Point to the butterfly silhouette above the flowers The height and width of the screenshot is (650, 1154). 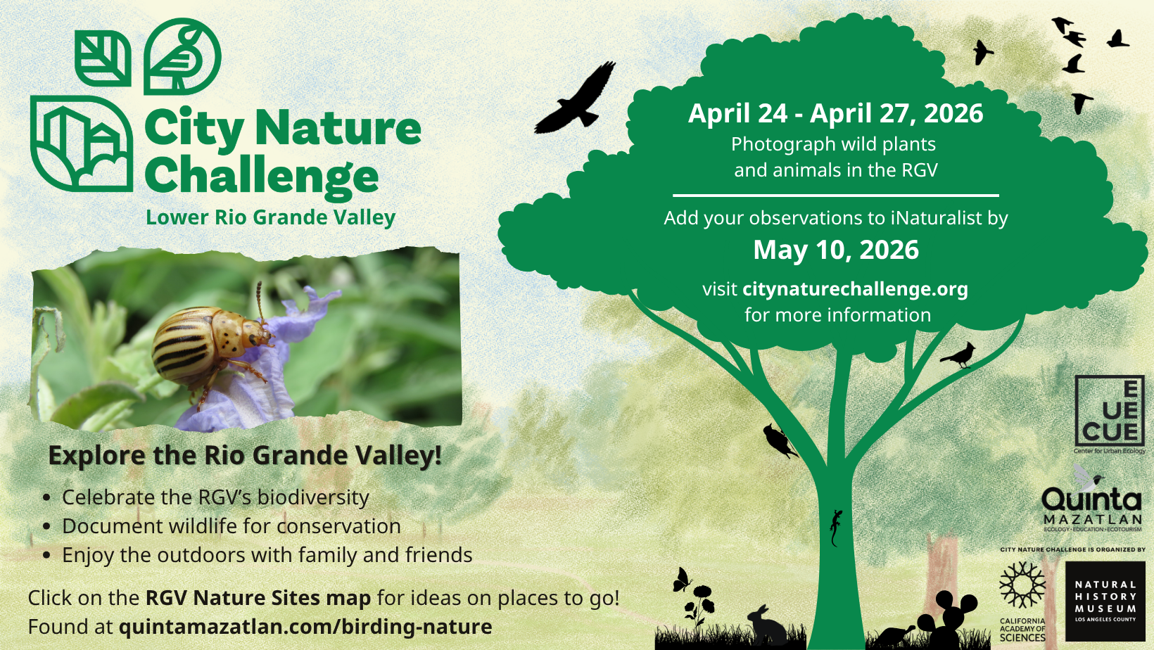click(682, 580)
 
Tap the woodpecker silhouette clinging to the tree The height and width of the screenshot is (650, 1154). click(780, 441)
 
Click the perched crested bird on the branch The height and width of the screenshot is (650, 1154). click(959, 355)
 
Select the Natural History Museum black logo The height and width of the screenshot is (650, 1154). click(1105, 601)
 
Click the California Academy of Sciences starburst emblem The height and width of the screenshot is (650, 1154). click(1022, 585)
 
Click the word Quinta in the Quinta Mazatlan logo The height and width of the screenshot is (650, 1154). click(1091, 500)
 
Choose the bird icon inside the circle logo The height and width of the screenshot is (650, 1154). click(182, 57)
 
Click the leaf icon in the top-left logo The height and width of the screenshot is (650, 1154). click(103, 58)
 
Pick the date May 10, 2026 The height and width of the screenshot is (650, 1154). click(836, 250)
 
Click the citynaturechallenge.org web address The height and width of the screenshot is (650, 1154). click(855, 289)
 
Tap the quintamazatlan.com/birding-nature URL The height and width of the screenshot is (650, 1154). click(305, 627)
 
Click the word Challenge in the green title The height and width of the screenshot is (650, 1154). click(262, 177)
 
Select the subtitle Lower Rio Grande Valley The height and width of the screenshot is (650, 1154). click(270, 217)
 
